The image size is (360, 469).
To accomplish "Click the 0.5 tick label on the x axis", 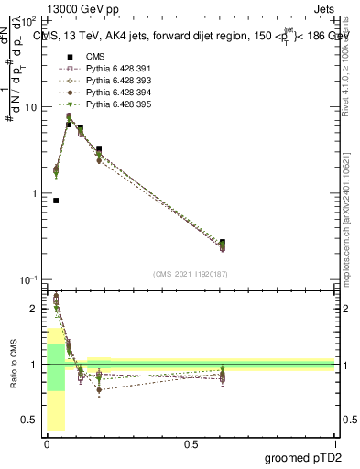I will pyautogui.click(x=191, y=443).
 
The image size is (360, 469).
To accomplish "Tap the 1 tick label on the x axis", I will pyautogui.click(x=334, y=443).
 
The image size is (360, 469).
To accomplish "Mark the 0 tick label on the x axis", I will pyautogui.click(x=47, y=443).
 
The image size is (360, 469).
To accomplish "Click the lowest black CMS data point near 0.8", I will pyautogui.click(x=56, y=201).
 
